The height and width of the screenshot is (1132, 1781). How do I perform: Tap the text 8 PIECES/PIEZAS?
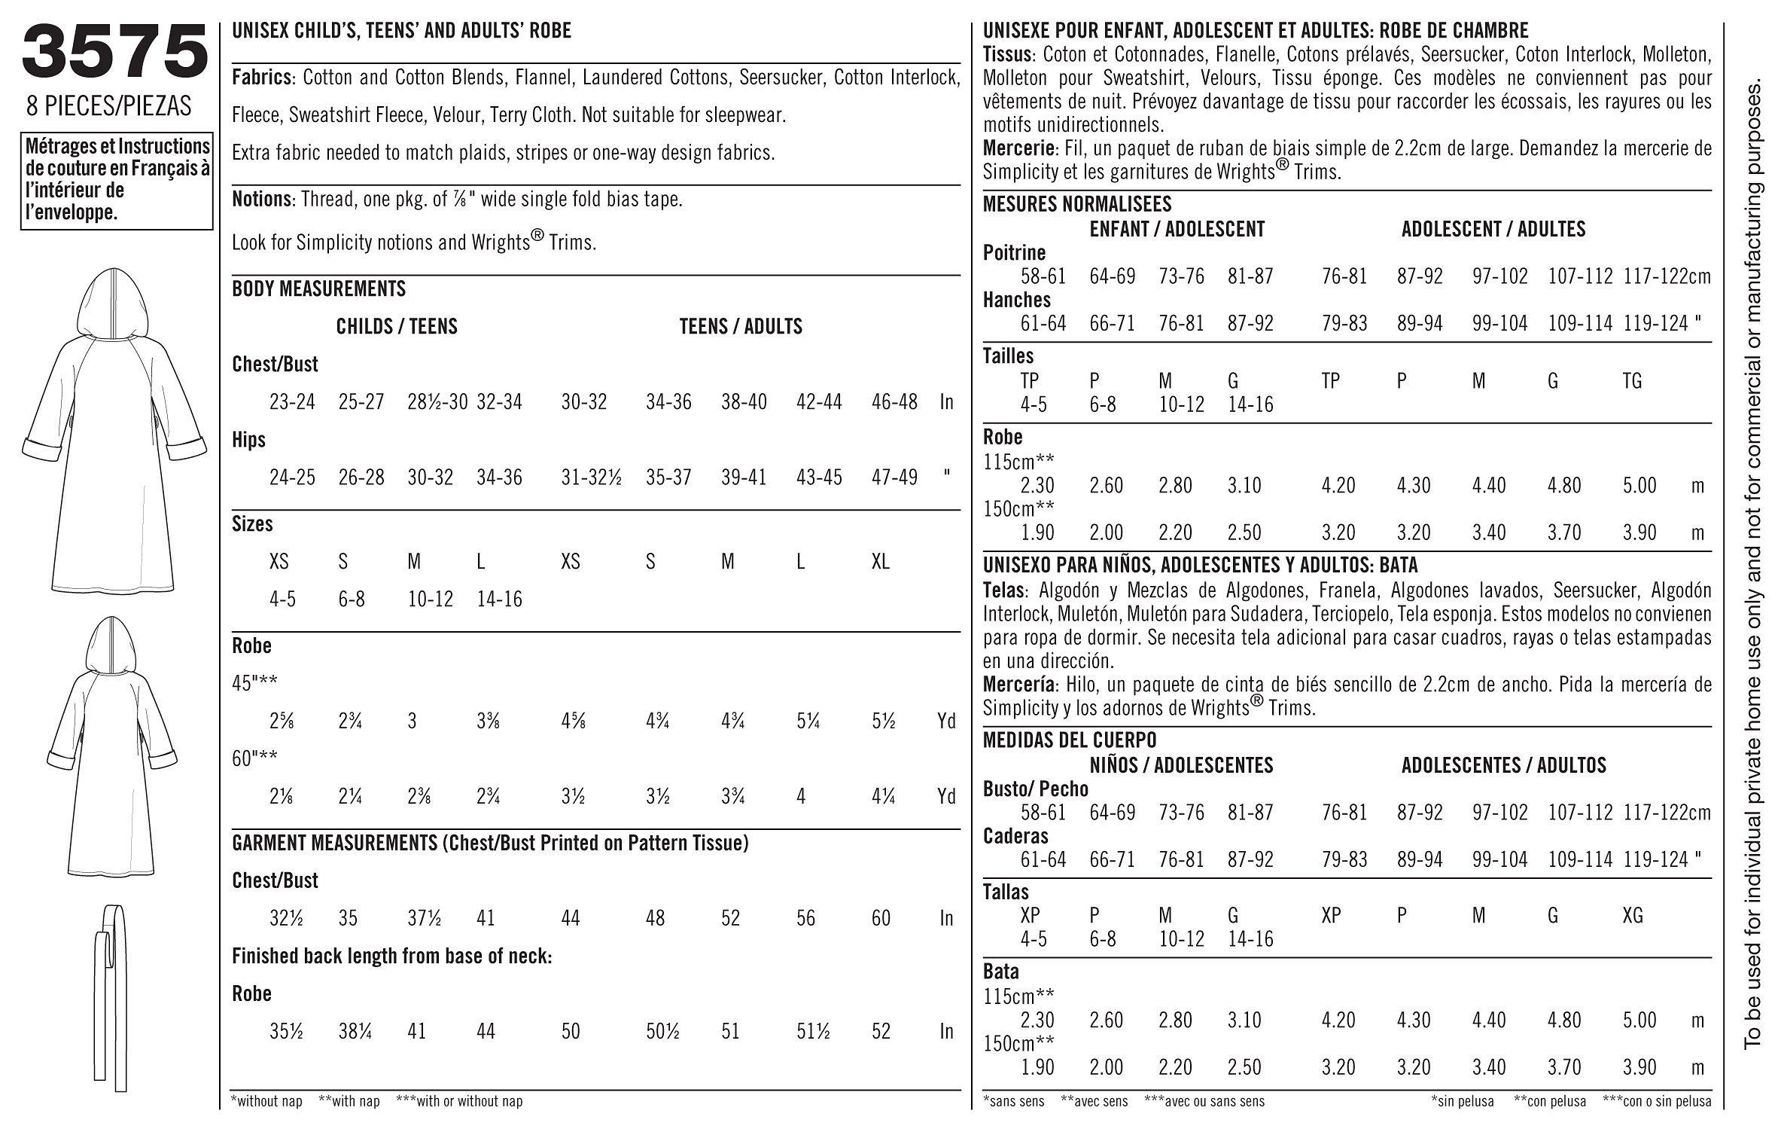[109, 107]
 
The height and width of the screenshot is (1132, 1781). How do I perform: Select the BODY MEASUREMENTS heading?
[318, 288]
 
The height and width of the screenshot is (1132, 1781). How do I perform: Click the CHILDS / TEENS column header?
[397, 326]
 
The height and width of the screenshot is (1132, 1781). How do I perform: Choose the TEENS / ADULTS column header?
[741, 326]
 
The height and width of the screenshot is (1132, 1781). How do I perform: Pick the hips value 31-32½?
[591, 478]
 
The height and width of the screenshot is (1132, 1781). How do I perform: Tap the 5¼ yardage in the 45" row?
[808, 722]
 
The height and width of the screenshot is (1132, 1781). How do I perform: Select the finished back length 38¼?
[354, 1031]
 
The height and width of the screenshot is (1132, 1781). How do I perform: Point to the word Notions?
[261, 200]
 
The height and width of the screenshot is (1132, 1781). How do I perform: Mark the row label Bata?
[1001, 972]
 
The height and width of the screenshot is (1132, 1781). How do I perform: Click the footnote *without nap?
[267, 1101]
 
